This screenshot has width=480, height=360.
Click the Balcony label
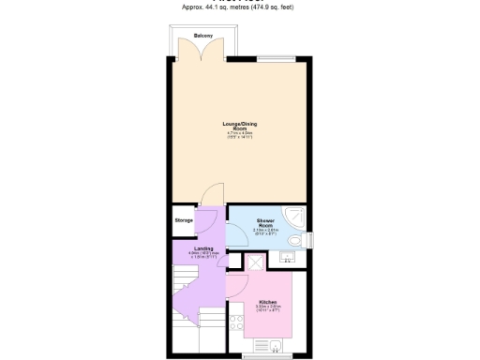click(x=202, y=36)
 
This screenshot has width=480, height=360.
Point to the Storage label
click(x=184, y=220)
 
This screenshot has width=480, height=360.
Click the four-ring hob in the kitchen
click(x=235, y=322)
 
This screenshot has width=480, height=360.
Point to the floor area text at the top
click(x=240, y=7)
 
